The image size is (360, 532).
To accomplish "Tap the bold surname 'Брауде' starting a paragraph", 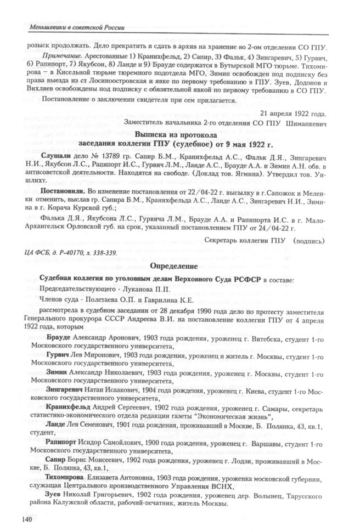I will pos(59,336).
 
